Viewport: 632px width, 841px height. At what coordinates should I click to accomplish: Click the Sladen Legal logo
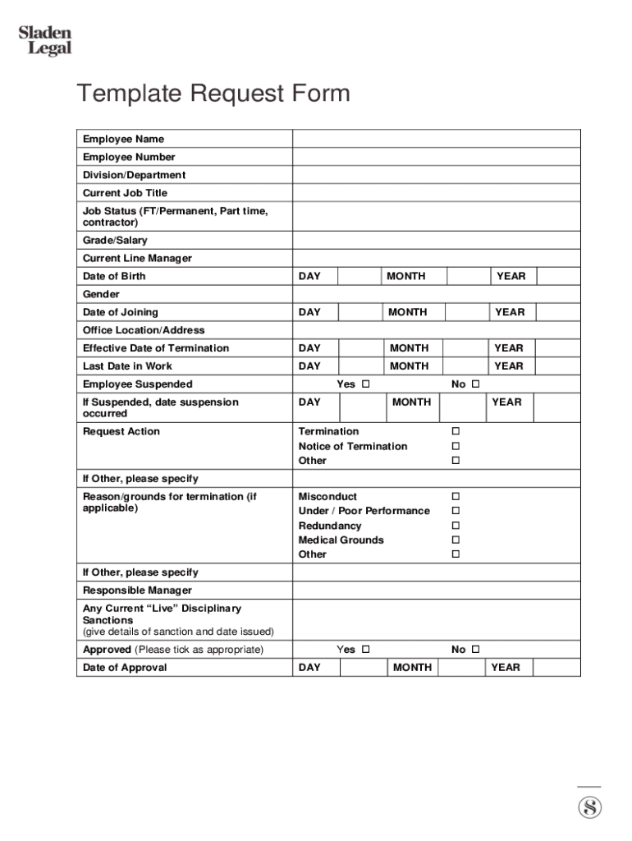coord(45,41)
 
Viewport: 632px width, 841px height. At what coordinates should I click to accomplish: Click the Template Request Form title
coord(213,94)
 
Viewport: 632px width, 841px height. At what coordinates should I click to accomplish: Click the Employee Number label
coord(129,157)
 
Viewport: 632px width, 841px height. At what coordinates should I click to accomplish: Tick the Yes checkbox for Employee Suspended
coord(366,384)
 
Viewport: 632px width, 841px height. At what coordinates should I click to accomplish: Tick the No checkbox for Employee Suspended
coord(475,384)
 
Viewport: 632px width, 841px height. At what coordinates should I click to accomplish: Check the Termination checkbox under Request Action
coord(456,431)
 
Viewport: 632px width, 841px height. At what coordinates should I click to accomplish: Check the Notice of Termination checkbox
coord(456,446)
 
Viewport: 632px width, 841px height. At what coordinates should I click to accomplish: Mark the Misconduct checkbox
coord(456,497)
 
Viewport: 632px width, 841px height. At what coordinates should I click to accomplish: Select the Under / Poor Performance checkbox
coord(456,511)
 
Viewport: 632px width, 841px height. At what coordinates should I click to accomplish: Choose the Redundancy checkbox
coord(456,526)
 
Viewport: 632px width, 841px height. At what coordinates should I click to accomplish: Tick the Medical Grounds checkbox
coord(456,540)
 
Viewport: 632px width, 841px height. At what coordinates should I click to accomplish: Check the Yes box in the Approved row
coord(366,650)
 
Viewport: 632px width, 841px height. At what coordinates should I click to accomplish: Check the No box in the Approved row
coord(475,650)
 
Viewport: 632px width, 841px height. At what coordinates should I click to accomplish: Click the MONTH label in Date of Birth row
coord(406,277)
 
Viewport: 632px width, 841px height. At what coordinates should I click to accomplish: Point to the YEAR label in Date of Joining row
coord(509,312)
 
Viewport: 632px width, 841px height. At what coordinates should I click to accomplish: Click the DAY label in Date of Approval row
coord(309,668)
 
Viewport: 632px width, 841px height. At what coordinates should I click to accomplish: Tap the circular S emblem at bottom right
coord(589,807)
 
